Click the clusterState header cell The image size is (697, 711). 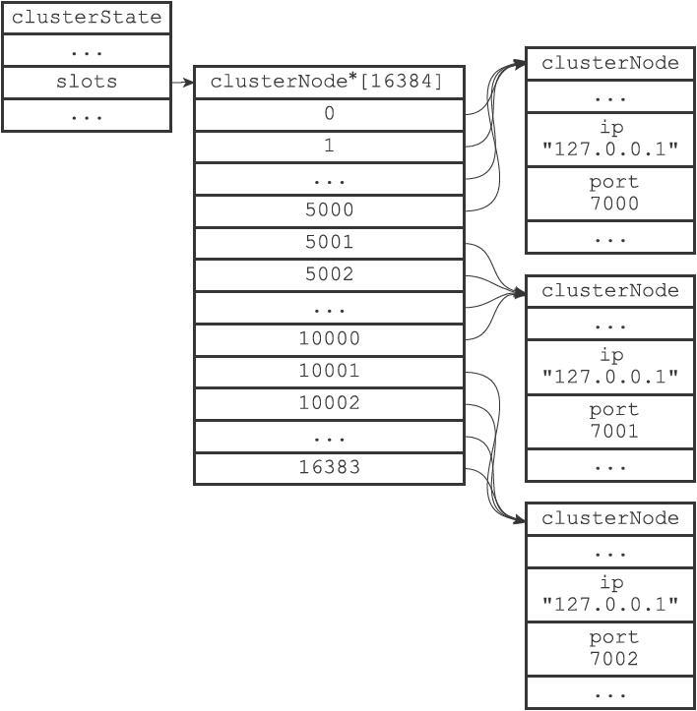point(87,18)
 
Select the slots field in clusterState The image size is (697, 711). point(87,82)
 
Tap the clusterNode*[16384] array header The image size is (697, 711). point(329,82)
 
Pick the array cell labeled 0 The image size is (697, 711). point(329,115)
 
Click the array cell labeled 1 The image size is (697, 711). point(329,147)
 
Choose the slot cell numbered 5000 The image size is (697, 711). point(329,210)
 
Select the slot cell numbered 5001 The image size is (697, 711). point(329,243)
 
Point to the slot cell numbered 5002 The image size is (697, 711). point(329,275)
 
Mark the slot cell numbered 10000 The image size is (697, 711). point(329,339)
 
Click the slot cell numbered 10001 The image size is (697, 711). point(329,372)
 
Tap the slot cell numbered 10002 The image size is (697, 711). point(329,404)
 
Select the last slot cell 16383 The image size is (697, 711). point(329,468)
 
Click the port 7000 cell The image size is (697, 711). point(610,194)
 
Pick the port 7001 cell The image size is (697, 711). point(610,421)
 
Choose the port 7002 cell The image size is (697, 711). point(610,649)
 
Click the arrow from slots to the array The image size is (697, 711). point(182,83)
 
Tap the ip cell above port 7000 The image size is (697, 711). point(610,140)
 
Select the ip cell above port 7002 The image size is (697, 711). point(610,594)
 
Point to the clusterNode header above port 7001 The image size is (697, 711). point(610,291)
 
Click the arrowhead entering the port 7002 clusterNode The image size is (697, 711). point(520,519)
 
